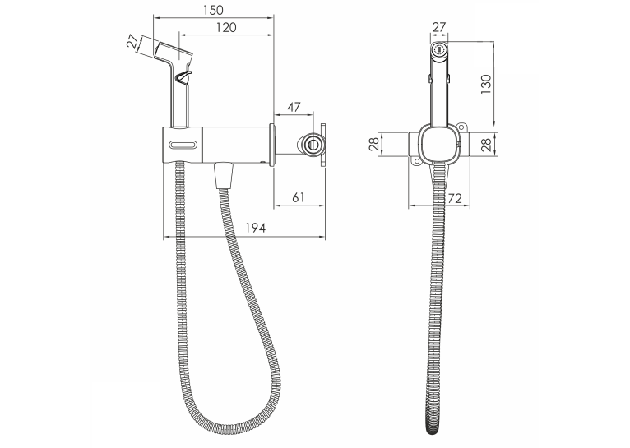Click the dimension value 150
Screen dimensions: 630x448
213,10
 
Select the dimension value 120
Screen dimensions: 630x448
226,28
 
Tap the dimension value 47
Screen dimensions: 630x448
294,107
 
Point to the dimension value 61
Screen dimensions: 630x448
298,197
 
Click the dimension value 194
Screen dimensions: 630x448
256,228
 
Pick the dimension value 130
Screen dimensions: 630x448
486,85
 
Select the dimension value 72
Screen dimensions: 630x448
455,198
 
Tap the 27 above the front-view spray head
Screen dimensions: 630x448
438,27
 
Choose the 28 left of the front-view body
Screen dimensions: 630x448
373,144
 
